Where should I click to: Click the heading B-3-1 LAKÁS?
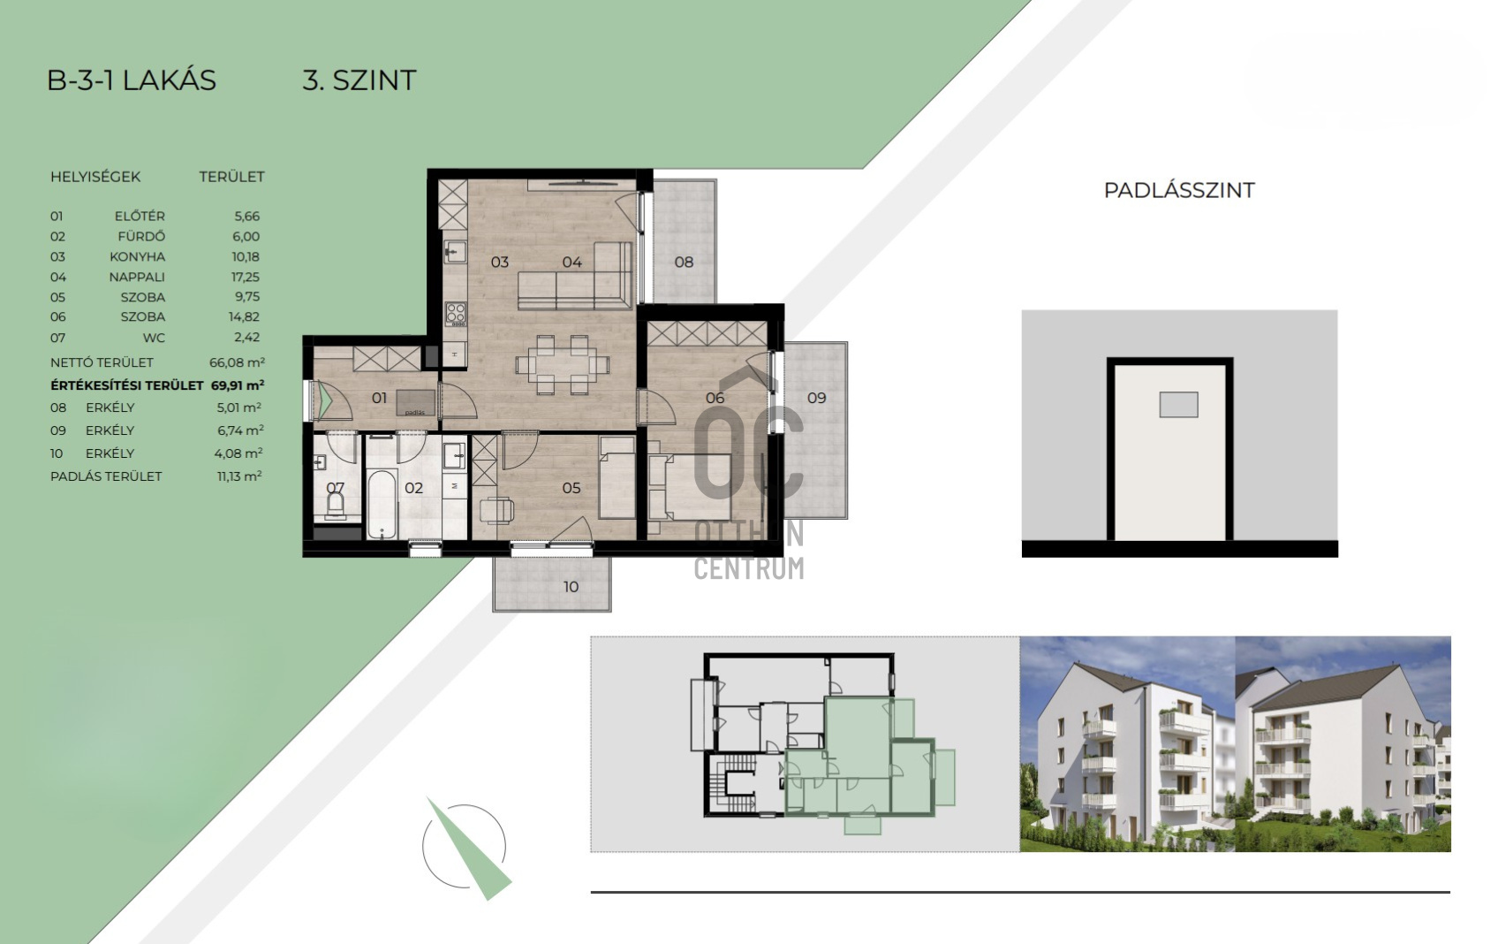coord(132,80)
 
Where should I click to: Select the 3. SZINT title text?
coord(359,80)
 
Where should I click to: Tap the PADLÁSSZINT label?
coord(1179,190)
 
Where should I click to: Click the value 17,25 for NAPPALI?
coord(246,277)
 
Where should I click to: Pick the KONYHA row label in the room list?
coord(138,257)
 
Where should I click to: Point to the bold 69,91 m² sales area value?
coord(238,385)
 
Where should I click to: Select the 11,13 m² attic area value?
coord(239,476)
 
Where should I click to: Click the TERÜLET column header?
coord(231,177)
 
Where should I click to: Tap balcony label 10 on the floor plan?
coord(571,587)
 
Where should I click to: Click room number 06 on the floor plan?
coord(715,398)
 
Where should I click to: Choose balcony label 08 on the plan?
coord(684,263)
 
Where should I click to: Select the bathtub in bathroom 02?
coord(382,505)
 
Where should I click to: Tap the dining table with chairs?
coord(562,365)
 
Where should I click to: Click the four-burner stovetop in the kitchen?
coord(456,314)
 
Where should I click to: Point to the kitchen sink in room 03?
coord(456,252)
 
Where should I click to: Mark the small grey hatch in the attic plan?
coord(1178,405)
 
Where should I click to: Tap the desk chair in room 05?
coord(497,511)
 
